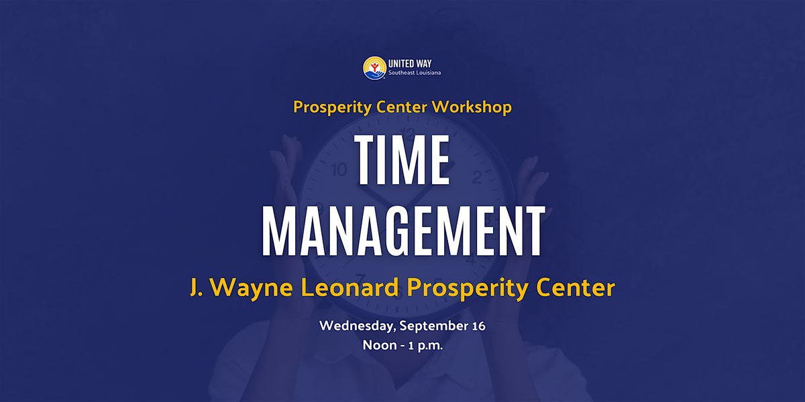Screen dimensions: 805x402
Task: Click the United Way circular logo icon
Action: (x=374, y=68)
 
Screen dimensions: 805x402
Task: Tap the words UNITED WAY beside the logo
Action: (x=410, y=64)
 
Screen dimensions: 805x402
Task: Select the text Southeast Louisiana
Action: (x=415, y=73)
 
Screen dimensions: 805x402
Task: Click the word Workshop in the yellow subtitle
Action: (x=472, y=107)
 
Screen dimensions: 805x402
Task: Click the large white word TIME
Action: (x=402, y=160)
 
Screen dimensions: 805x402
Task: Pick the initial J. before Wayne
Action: (x=196, y=288)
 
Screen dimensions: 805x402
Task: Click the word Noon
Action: (x=380, y=345)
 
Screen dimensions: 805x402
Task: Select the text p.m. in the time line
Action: (x=430, y=346)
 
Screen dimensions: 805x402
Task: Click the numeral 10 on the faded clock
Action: (x=339, y=169)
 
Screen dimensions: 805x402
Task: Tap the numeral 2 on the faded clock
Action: (x=476, y=177)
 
